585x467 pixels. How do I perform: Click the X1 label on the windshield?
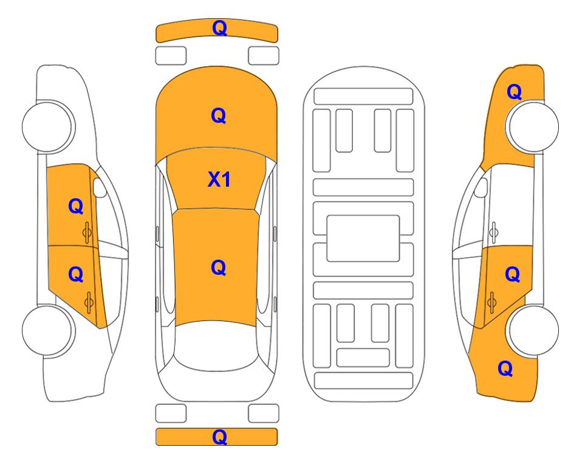[x=219, y=180]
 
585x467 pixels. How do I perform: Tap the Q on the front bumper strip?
[x=219, y=28]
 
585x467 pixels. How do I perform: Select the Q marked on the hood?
[x=219, y=116]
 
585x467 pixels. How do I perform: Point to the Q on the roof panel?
[x=219, y=268]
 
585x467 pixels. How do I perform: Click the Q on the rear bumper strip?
[x=219, y=437]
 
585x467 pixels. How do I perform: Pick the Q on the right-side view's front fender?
[x=514, y=92]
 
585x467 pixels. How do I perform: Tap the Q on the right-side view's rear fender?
[x=505, y=368]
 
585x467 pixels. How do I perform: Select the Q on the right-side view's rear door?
[x=512, y=275]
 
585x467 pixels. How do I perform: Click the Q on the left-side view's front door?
[x=76, y=206]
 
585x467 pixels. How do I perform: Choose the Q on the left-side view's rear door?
[x=76, y=275]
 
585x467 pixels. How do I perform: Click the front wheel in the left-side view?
[x=47, y=126]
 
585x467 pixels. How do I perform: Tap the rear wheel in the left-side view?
[x=47, y=330]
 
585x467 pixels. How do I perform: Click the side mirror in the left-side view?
[x=99, y=187]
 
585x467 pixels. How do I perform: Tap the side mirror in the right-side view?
[x=481, y=187]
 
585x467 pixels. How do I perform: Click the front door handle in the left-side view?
[x=87, y=232]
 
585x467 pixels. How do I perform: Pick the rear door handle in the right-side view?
[x=491, y=302]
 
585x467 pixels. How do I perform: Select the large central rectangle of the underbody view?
[x=363, y=238]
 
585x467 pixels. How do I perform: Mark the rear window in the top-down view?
[x=216, y=345]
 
